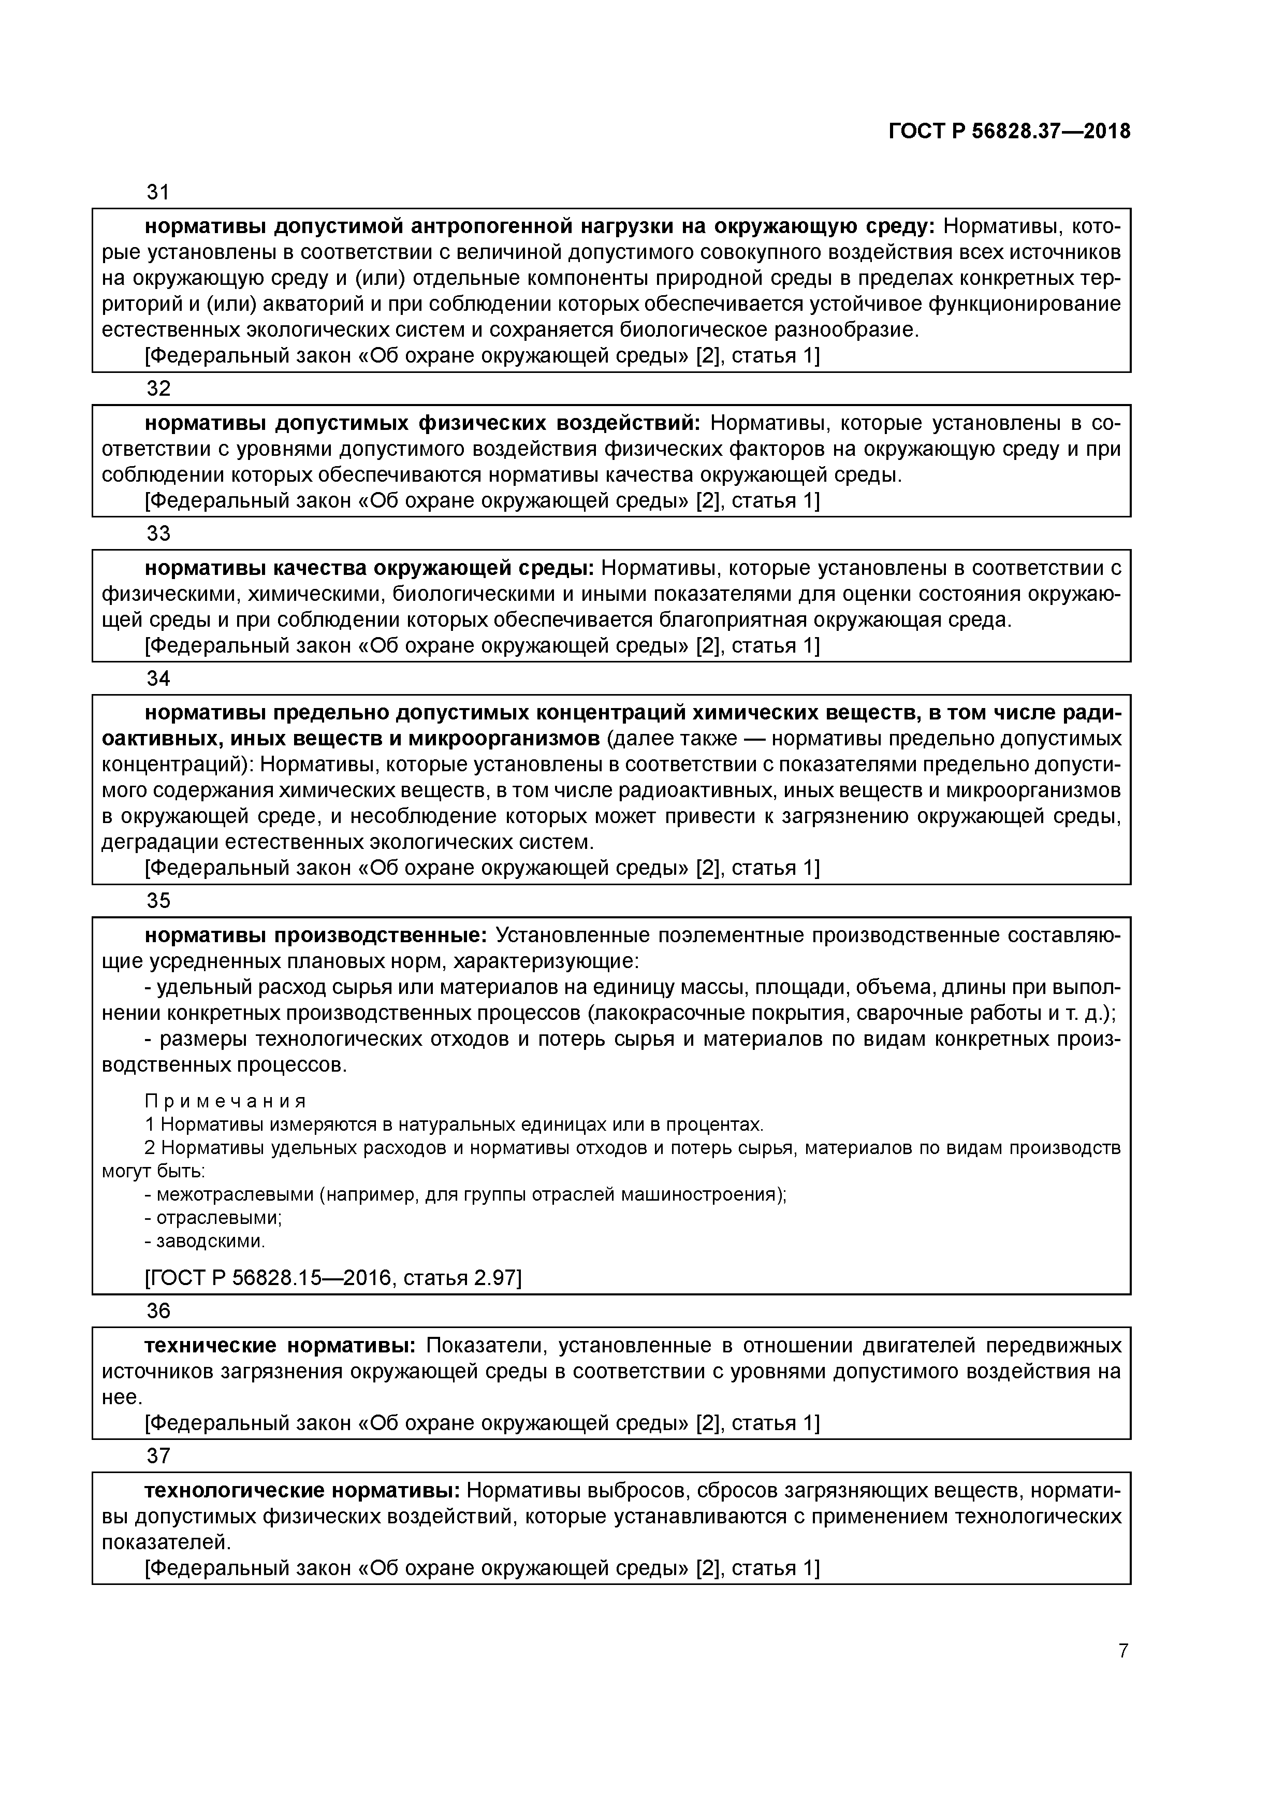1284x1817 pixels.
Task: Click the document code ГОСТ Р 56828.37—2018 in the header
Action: pos(1010,132)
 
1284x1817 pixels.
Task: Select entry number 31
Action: pos(159,192)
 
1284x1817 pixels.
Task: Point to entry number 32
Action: pos(159,388)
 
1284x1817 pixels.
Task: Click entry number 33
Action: pos(159,533)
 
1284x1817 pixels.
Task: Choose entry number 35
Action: pos(159,901)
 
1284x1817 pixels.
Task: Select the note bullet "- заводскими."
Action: pos(205,1241)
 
